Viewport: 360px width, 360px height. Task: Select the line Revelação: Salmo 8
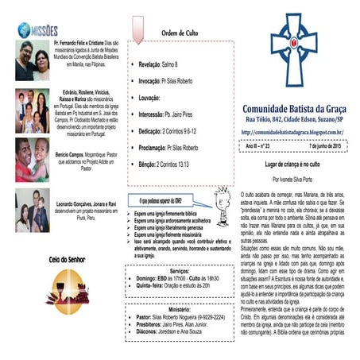(162, 63)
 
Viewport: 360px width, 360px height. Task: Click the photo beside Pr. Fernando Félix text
(32, 60)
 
